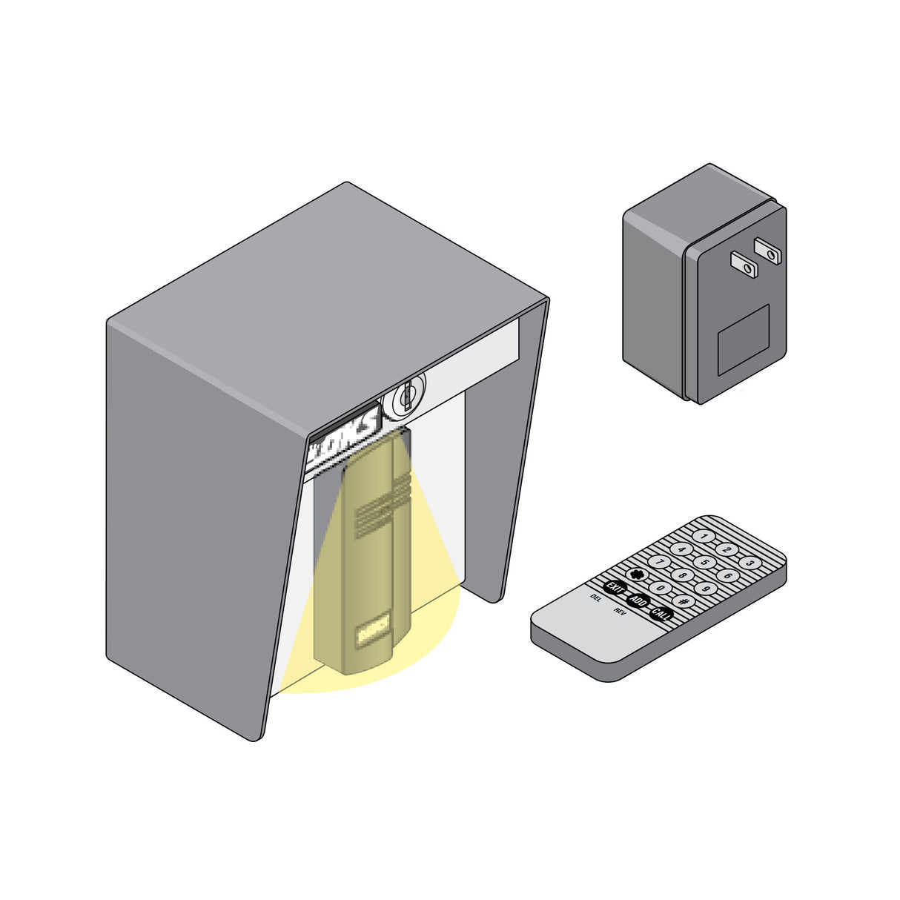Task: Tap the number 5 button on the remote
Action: pos(704,562)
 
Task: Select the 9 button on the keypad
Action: pos(706,589)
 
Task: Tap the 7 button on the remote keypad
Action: pos(659,563)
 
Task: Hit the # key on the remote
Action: pos(684,601)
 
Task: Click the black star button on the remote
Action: pos(636,575)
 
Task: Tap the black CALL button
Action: pos(661,614)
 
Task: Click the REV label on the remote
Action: pos(620,612)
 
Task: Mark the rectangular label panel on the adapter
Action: pos(743,340)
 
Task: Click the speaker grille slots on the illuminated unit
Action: pos(383,507)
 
